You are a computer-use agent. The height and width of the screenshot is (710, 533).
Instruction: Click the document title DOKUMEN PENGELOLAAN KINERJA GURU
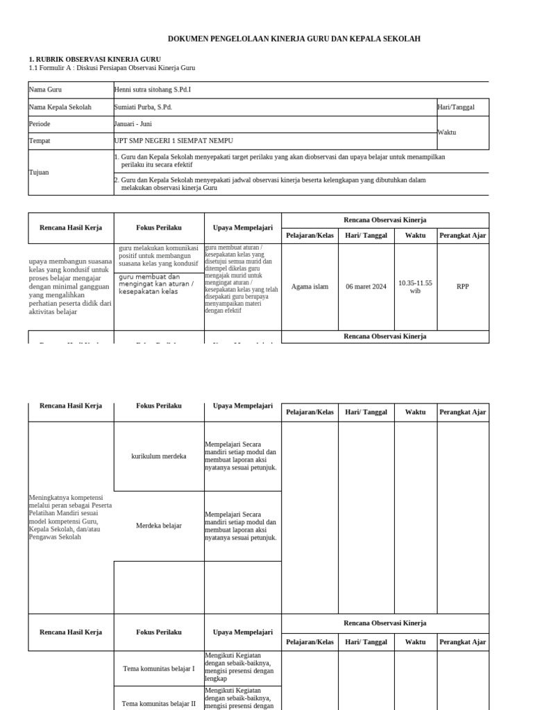point(295,39)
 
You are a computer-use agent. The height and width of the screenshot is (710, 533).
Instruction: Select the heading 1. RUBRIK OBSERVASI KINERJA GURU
point(94,60)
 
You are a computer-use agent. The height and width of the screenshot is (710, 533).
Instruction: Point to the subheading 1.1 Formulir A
point(112,68)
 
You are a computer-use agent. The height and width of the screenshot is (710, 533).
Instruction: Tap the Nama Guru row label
point(45,90)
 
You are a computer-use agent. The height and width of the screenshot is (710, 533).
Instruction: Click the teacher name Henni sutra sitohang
point(152,90)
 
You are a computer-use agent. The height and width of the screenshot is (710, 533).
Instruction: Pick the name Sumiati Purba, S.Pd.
point(143,107)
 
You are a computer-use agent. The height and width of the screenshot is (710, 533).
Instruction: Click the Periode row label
point(40,124)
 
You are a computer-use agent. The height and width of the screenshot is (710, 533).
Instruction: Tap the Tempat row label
point(40,141)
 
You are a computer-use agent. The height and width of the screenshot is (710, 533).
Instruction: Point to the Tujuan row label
point(39,172)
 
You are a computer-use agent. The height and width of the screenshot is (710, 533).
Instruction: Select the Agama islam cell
point(310,286)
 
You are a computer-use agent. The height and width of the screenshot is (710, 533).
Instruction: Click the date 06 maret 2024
point(366,286)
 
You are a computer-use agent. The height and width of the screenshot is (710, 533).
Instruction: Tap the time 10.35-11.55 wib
point(415,286)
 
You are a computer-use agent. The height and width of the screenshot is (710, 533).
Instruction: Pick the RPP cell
point(463,286)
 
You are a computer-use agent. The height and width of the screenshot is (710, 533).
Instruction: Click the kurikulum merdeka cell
point(159,456)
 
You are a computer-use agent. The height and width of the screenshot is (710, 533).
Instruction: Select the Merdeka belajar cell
point(159,526)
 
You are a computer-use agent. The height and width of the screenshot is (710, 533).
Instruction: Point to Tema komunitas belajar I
point(159,668)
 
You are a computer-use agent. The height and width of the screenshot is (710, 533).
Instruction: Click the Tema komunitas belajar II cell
point(159,703)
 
